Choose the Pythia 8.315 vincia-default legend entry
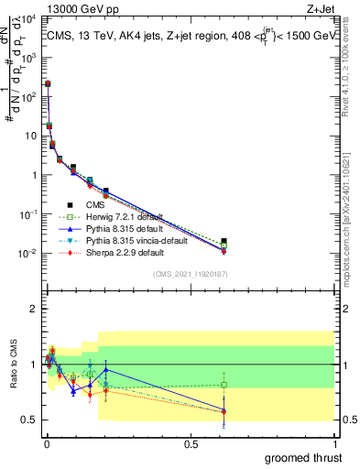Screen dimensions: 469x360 (131, 239)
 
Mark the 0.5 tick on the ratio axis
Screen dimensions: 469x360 (31, 420)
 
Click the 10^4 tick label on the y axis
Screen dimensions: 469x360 (28, 18)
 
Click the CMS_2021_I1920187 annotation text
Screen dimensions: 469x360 (191, 275)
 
